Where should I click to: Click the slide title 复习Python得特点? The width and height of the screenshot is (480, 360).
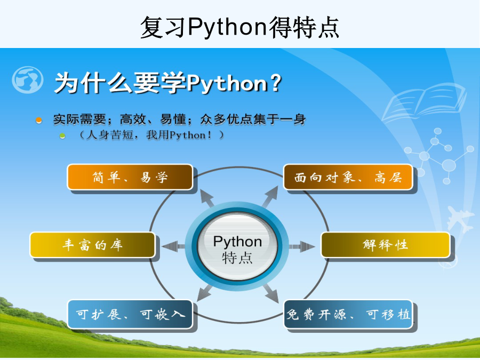239,27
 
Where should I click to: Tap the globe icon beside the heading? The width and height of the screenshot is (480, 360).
28,80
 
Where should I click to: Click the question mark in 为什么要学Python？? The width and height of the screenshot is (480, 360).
276,83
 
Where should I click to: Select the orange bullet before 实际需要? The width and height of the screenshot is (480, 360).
38,120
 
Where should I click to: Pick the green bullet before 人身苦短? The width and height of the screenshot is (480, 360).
62,135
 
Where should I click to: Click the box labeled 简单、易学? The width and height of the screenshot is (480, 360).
130,177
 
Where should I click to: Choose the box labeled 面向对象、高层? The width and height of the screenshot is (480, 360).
348,177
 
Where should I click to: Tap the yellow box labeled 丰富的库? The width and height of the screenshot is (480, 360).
92,245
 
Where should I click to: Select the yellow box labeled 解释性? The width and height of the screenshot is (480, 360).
386,245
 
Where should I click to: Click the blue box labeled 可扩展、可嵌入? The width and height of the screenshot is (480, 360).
130,314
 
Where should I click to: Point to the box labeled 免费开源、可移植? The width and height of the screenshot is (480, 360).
348,314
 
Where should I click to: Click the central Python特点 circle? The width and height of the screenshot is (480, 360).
237,246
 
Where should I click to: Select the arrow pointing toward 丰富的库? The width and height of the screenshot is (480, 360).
173,246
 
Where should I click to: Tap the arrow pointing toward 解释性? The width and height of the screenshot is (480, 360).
302,246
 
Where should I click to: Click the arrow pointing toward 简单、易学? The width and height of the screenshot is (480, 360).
207,198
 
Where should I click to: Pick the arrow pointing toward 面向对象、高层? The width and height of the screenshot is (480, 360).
270,196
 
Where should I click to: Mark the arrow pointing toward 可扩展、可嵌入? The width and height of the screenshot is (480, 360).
204,293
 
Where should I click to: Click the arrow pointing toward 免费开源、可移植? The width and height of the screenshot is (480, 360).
270,293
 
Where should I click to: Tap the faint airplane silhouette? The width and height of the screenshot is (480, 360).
459,219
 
